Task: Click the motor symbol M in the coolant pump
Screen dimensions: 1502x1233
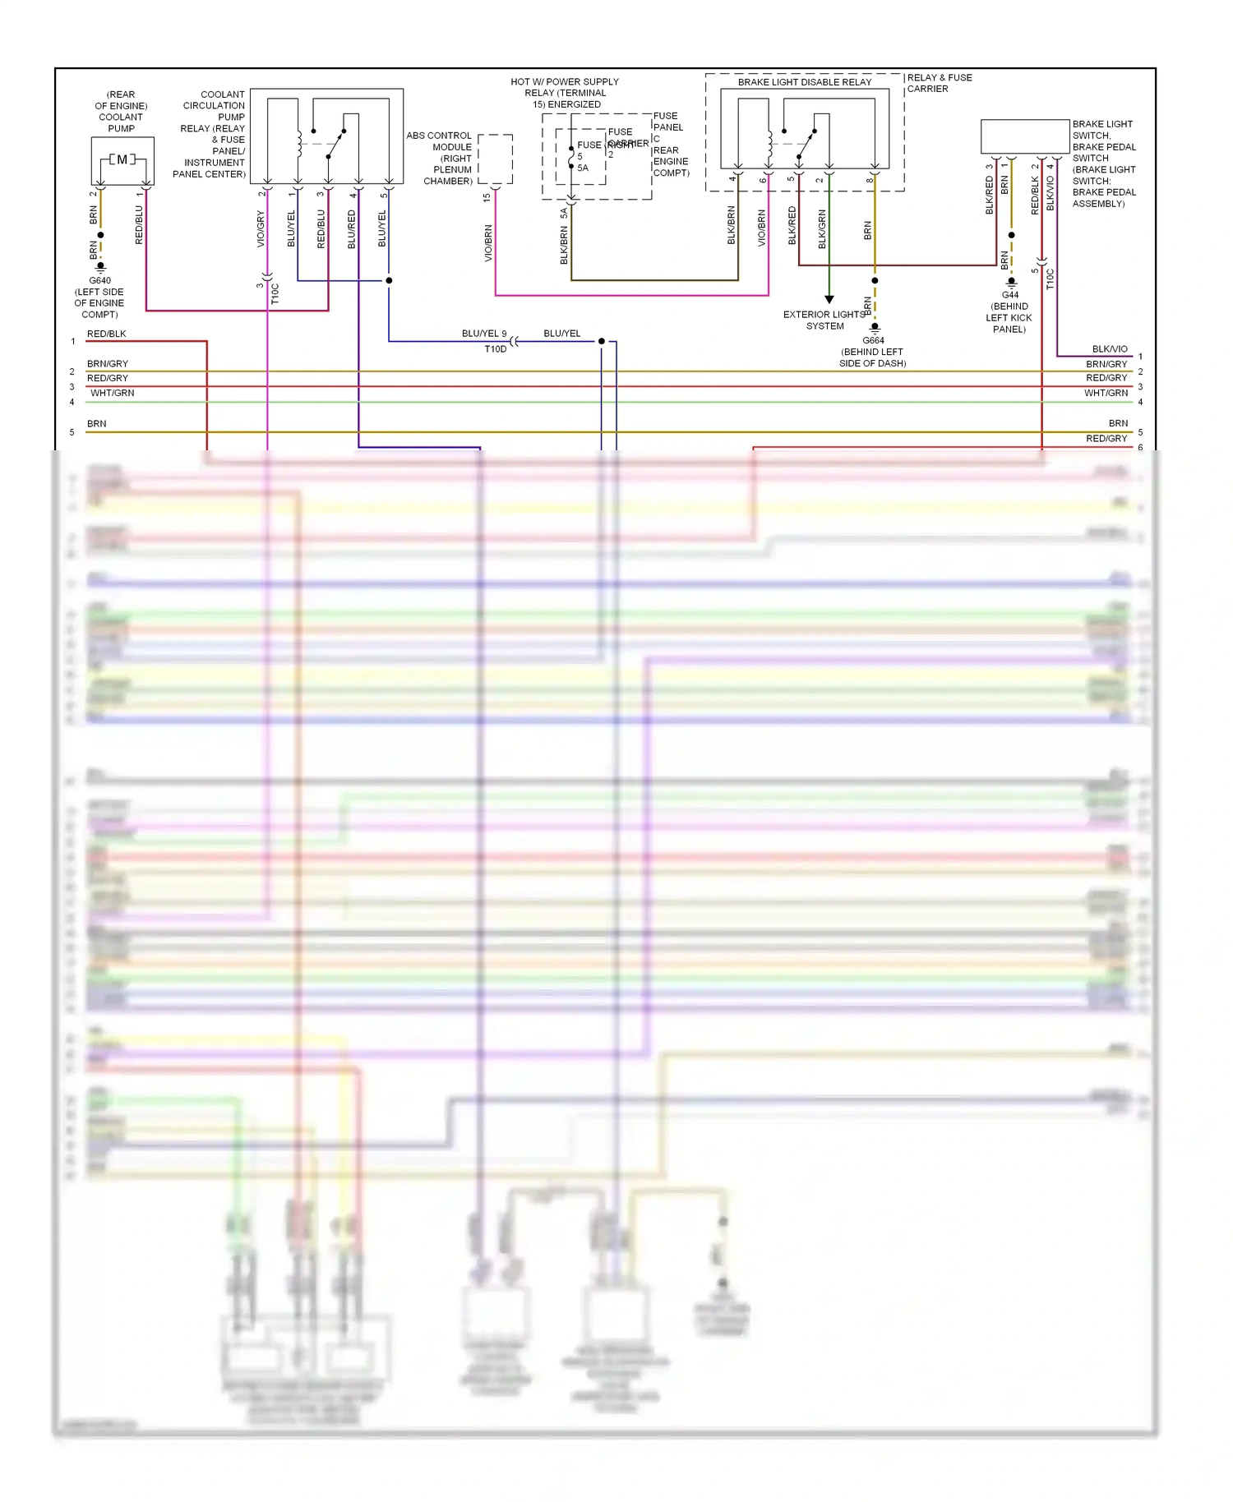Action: point(122,159)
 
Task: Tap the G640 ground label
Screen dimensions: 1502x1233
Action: point(99,280)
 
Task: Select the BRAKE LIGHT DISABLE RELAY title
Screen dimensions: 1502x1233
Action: point(804,82)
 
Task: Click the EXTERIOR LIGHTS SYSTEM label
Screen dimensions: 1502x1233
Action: point(824,320)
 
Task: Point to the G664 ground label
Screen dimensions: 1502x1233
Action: point(873,340)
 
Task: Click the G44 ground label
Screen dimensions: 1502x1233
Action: point(1010,295)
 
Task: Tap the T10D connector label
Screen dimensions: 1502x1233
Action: point(495,349)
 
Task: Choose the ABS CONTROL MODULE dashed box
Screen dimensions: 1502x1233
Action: point(495,159)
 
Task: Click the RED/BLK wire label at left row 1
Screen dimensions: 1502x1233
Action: point(107,334)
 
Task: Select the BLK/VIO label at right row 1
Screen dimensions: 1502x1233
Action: point(1110,349)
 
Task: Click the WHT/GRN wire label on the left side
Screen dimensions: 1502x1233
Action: point(113,394)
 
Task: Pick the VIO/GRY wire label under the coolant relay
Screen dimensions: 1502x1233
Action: point(261,229)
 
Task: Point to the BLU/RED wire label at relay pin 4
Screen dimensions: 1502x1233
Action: point(352,229)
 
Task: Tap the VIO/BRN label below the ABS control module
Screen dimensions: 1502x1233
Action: point(488,243)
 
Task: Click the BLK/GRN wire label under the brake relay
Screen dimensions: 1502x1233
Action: point(822,229)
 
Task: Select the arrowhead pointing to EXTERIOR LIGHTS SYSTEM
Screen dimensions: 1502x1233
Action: point(829,299)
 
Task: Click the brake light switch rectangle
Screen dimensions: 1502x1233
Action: point(1025,136)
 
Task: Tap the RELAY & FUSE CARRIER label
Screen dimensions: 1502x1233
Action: point(939,83)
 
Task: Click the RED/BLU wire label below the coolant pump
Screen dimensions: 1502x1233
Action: point(139,225)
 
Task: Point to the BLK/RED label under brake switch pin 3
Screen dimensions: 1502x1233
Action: point(990,196)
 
